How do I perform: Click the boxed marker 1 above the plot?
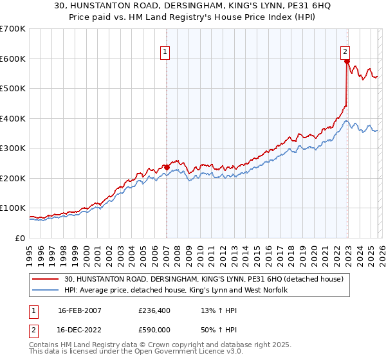tap(165, 53)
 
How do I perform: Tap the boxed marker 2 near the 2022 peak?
tap(345, 53)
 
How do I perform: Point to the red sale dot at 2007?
tap(167, 168)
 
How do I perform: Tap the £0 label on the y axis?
tap(19, 238)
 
